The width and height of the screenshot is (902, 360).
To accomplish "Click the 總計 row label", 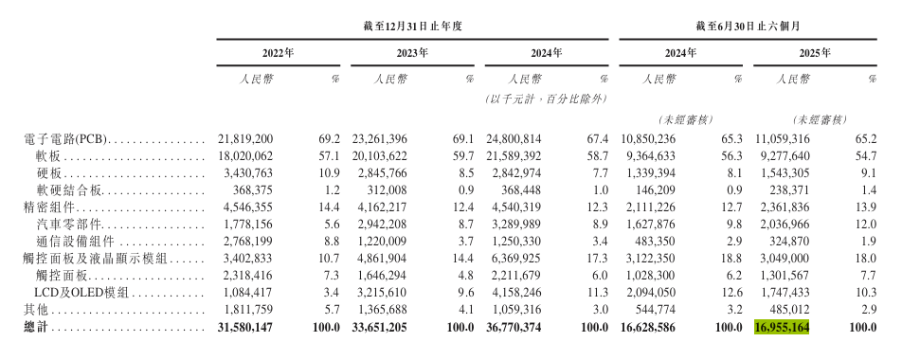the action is click(35, 327).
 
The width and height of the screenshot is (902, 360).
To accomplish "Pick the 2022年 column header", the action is click(278, 53).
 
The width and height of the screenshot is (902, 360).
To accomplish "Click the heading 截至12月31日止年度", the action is click(411, 25).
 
